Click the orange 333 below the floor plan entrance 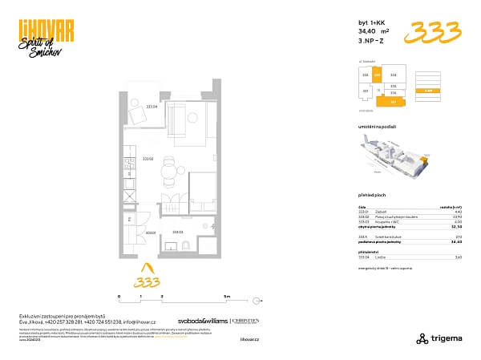point(145,281)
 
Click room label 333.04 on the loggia point(151,106)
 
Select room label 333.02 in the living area point(148,159)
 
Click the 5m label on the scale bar point(227,296)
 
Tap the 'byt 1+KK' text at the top point(371,22)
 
